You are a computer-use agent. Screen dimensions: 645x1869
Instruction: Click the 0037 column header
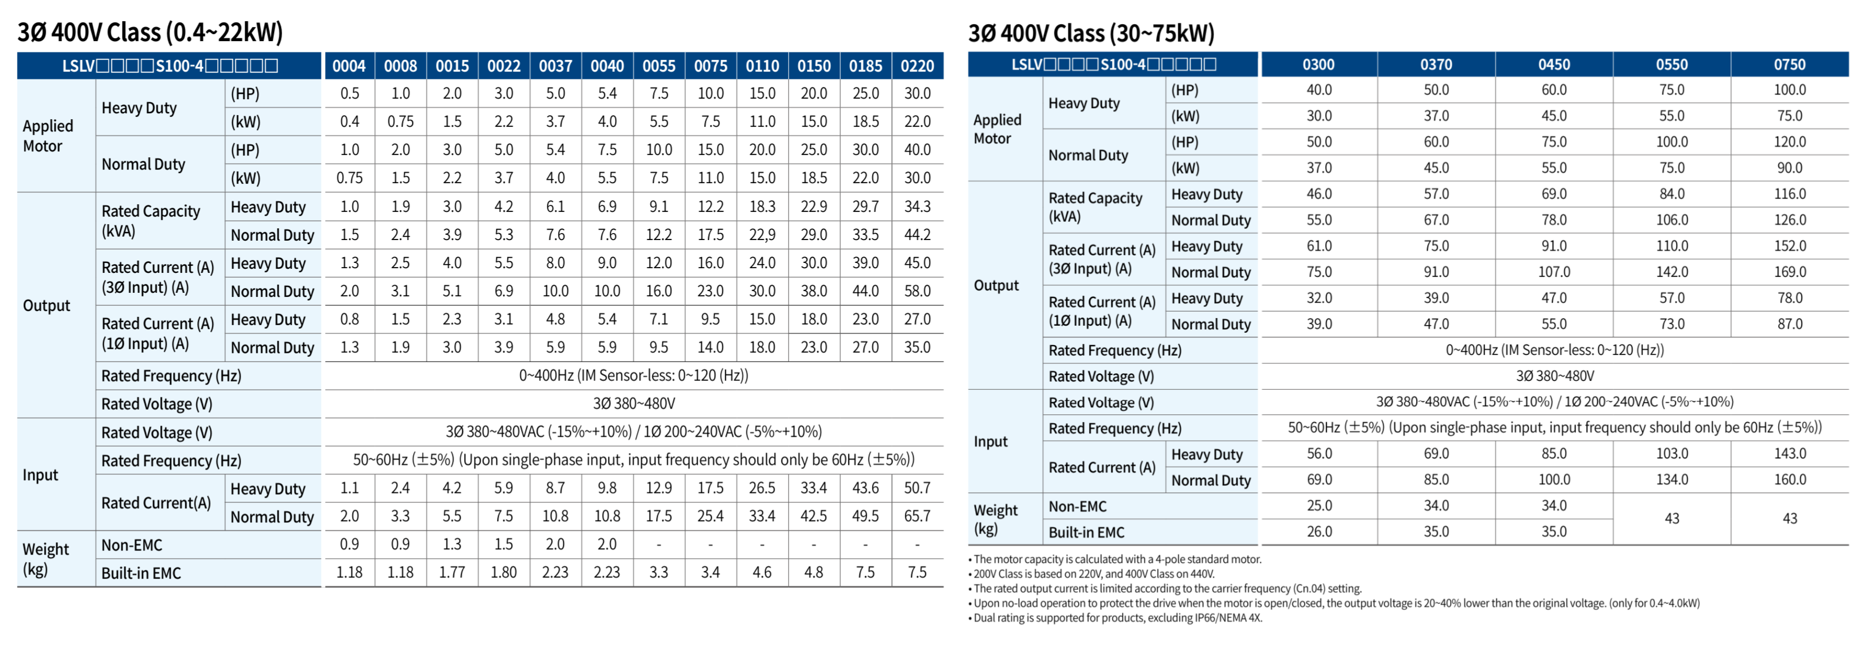[555, 66]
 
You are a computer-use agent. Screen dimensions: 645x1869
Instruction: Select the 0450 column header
[1553, 65]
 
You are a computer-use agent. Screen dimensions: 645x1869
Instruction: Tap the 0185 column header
[866, 66]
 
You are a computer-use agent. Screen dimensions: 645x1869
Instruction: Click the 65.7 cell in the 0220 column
[917, 516]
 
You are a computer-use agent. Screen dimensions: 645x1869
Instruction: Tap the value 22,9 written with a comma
[762, 234]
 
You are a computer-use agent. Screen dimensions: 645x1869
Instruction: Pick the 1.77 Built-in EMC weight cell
[452, 572]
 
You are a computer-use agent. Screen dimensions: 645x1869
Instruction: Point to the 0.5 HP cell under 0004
[350, 93]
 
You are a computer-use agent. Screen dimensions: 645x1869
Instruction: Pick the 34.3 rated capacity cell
[917, 207]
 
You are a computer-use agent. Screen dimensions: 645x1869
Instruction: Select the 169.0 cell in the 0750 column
[1789, 272]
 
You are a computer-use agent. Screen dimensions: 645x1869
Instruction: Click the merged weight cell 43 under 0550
[1672, 519]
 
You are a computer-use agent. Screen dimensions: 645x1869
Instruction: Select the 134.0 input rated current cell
[1672, 479]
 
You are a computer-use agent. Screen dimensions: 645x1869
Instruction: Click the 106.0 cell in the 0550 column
[1672, 220]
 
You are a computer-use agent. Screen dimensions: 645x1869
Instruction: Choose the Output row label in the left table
[46, 305]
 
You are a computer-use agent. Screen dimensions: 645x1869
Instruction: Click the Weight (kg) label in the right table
[995, 519]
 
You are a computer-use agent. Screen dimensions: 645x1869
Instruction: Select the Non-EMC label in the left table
[132, 545]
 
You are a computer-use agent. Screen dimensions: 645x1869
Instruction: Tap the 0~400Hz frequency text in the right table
[1554, 350]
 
